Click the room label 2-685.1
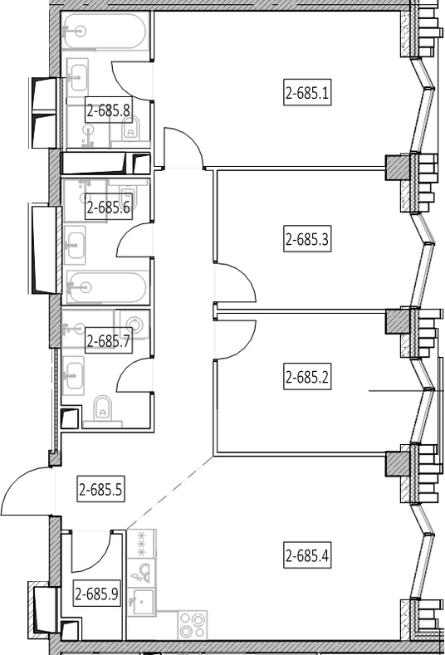click(307, 92)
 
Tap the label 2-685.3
click(307, 239)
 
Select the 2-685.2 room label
click(307, 377)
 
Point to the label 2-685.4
click(307, 556)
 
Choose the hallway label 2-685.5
click(100, 489)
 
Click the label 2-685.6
click(108, 207)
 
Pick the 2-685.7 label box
click(108, 342)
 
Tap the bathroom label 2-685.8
click(108, 110)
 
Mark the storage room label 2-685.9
click(96, 594)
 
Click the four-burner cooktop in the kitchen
click(193, 625)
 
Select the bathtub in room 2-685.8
click(105, 31)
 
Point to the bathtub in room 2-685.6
click(106, 286)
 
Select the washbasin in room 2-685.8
click(77, 78)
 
